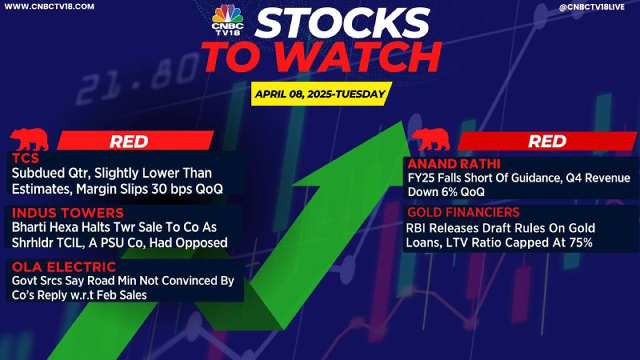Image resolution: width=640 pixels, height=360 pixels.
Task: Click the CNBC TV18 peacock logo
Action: click(227, 19)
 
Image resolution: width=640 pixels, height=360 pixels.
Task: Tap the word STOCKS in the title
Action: click(342, 23)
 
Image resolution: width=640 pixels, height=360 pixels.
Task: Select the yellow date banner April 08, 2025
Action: click(321, 94)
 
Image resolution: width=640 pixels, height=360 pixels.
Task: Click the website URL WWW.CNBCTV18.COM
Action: click(49, 6)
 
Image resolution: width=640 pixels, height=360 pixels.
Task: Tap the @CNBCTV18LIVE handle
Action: click(591, 7)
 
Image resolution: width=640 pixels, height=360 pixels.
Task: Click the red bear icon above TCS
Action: click(30, 139)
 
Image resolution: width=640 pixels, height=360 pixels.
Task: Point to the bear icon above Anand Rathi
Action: click(431, 139)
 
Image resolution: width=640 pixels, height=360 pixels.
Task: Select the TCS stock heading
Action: click(26, 158)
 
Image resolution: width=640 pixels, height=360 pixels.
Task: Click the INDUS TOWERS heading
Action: click(68, 213)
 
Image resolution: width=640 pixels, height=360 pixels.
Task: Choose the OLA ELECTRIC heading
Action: click(64, 267)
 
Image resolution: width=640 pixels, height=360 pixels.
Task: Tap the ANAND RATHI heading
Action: click(454, 164)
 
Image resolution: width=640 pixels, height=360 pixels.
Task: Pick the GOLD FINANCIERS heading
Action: click(463, 212)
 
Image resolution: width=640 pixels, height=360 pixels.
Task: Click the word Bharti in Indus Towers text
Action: click(28, 227)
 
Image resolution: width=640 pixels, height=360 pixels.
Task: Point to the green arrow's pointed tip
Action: click(402, 122)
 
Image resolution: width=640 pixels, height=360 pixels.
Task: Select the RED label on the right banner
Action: click(547, 142)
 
